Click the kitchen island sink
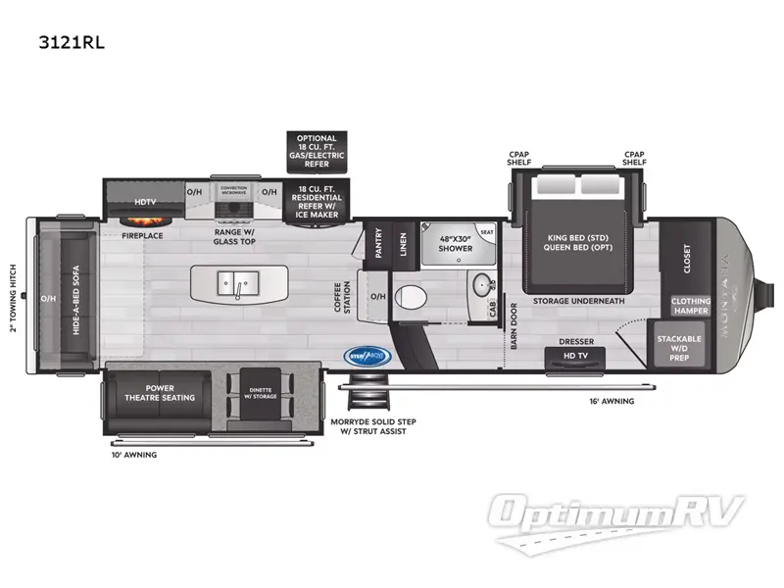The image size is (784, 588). pos(239,284)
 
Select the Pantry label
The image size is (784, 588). pos(376,244)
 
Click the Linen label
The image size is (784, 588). pos(402,244)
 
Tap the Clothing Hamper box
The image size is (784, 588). pos(690,306)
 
